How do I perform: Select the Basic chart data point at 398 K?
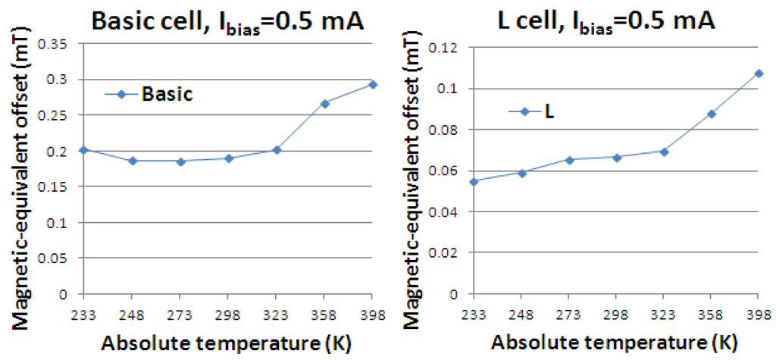pos(372,84)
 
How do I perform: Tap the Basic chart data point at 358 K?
pos(324,103)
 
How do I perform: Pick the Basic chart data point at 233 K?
pos(84,150)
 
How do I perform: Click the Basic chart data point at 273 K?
pos(180,161)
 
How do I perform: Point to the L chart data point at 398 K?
pos(759,74)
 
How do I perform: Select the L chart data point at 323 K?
pos(664,152)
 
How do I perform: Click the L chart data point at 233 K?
pos(474,181)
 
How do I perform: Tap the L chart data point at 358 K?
pos(712,114)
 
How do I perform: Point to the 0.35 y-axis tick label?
pos(61,44)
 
